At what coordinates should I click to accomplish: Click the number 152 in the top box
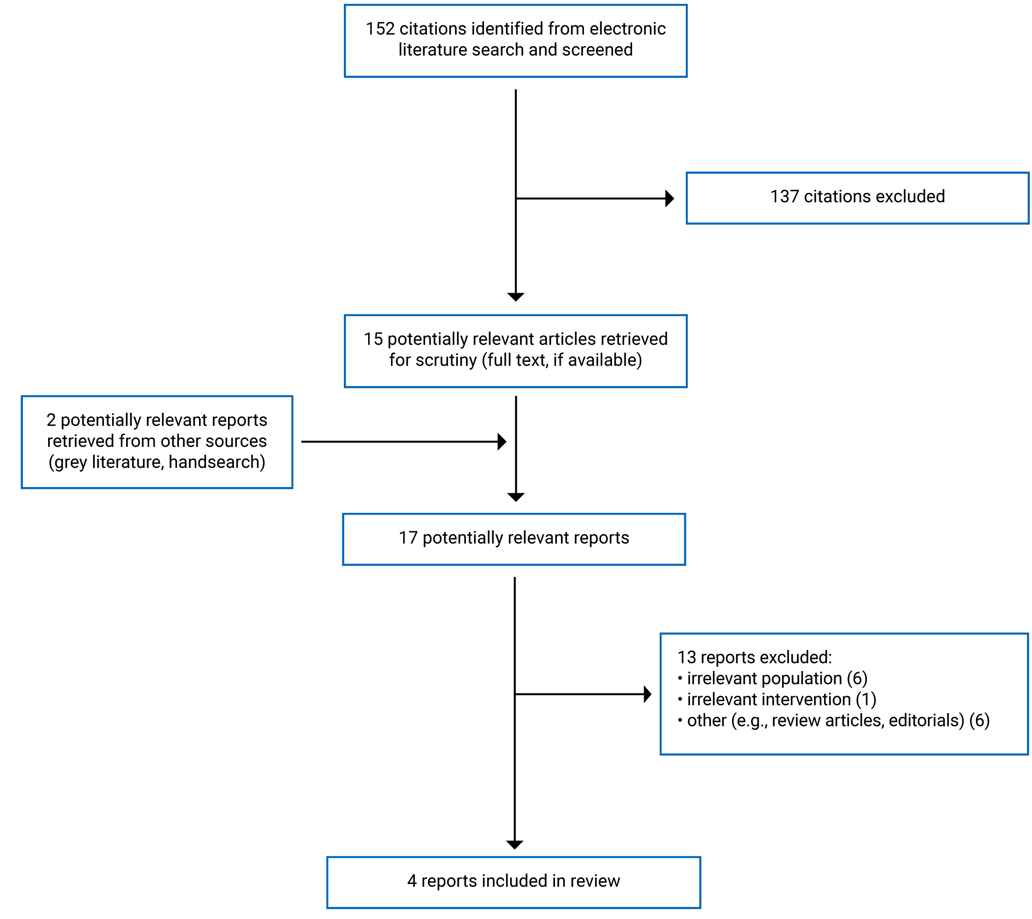click(380, 29)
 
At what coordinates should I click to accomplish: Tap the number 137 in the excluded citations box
click(784, 197)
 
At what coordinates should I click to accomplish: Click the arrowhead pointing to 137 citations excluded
click(670, 198)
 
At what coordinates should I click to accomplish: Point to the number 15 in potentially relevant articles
click(373, 339)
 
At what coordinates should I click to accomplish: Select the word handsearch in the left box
click(214, 462)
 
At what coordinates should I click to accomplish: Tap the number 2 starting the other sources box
click(51, 420)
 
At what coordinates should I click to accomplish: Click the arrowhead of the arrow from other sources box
click(502, 442)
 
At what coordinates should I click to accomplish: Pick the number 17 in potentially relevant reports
click(408, 538)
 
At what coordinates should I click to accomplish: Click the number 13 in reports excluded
click(686, 657)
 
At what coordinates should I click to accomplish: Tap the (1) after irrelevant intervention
click(866, 700)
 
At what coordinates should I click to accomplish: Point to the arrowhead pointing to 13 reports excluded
click(647, 694)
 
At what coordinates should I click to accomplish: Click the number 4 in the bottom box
click(412, 881)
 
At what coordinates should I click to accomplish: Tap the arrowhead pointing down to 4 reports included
click(515, 845)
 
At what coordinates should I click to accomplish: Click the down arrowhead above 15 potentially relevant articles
click(516, 297)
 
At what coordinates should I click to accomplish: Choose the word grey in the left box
click(70, 462)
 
